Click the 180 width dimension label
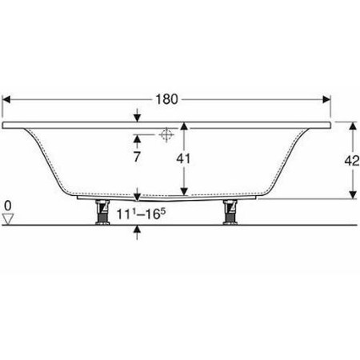pos(166,99)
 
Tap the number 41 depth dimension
pos(183,158)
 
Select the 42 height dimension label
pos(352,161)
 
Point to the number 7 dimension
pos(137,157)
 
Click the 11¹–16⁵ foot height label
pos(142,214)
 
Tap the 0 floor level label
pos(8,206)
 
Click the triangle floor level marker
pos(8,219)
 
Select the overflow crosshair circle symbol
pos(166,134)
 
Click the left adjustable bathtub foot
pos(102,212)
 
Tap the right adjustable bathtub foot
pos(230,212)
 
